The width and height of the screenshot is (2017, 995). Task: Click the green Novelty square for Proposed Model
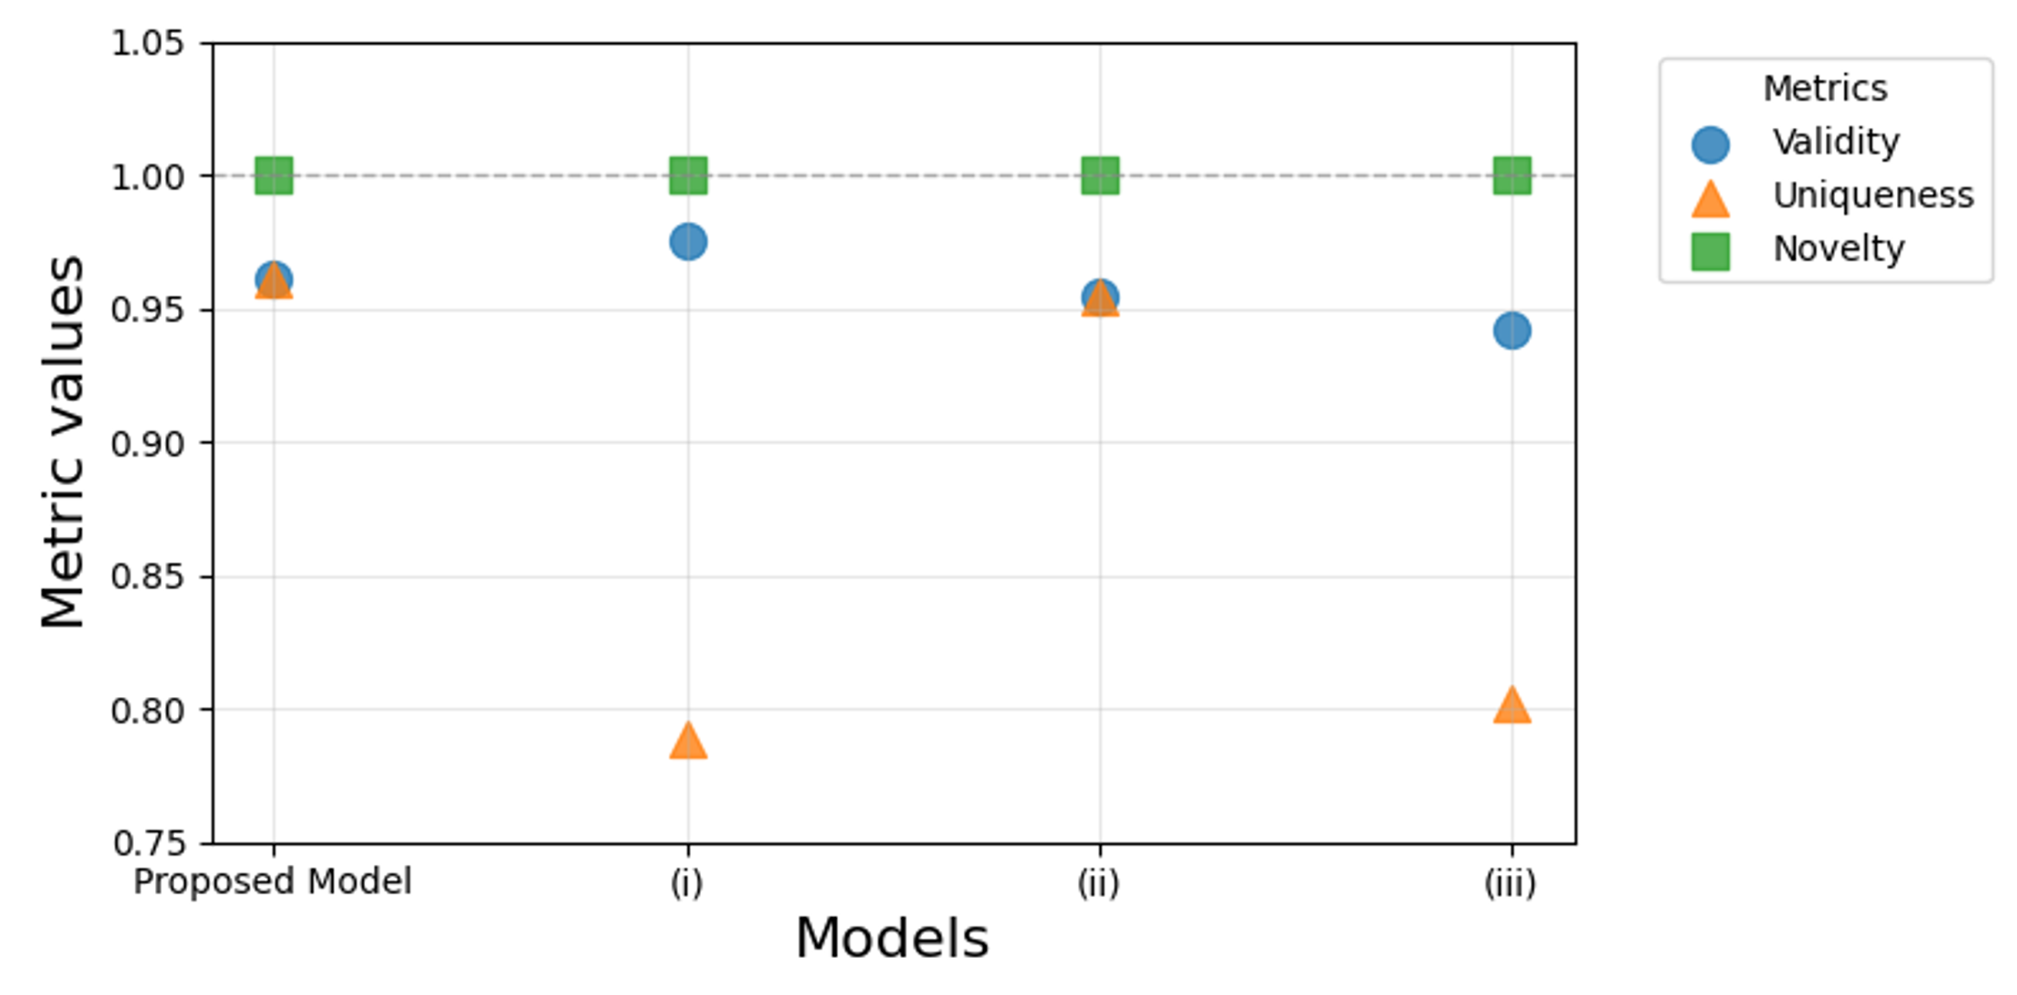pos(274,176)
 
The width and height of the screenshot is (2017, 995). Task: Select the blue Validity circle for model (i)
pos(688,241)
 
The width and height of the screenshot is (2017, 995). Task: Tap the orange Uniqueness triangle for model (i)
pos(688,741)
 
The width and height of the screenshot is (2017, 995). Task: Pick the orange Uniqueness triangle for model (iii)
pos(1512,705)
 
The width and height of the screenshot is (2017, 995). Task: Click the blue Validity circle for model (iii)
pos(1512,330)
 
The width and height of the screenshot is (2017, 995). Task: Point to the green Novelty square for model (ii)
pos(1100,176)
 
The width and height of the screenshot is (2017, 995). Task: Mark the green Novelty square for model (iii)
pos(1512,176)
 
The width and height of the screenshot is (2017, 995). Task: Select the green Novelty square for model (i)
pos(688,176)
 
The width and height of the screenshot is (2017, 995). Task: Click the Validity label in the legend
pos(1836,142)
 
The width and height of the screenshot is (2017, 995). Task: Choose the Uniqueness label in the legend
pos(1873,196)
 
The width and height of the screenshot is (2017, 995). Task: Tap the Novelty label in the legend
pos(1838,249)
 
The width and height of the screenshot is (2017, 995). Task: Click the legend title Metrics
pos(1825,88)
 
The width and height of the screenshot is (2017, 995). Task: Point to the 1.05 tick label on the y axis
pos(148,43)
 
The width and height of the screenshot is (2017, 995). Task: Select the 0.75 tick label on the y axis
pos(148,843)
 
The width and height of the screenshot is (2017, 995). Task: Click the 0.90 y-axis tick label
pos(148,444)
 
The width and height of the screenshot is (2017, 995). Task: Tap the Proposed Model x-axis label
pos(273,882)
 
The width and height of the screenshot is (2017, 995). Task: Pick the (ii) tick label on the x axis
pos(1099,883)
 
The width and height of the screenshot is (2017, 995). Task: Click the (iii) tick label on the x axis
pos(1510,883)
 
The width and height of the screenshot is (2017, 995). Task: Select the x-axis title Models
pos(892,938)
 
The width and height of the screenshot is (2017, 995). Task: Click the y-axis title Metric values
pos(62,442)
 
